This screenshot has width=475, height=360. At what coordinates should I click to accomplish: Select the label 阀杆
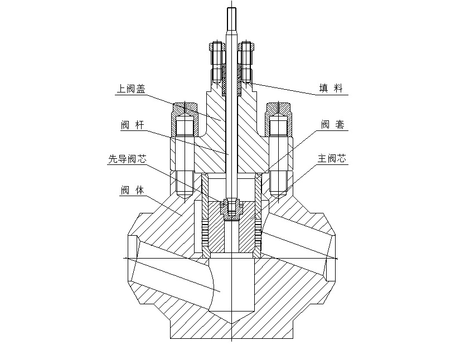tap(133, 125)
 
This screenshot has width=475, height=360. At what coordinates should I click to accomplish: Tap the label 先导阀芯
tap(127, 159)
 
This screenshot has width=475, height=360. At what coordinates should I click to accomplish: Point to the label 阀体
tap(133, 190)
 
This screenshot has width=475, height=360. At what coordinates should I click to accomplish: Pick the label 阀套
tap(332, 125)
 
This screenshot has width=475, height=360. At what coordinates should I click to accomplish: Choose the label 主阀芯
tap(332, 159)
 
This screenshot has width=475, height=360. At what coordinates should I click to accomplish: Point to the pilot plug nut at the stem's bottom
tap(231, 206)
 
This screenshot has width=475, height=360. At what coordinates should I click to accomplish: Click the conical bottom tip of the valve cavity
tap(231, 322)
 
